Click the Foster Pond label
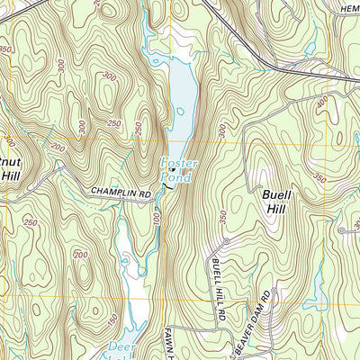[x=177, y=171]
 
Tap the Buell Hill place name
[x=278, y=199]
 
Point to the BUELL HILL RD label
[x=216, y=286]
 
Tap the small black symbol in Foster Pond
[x=173, y=168]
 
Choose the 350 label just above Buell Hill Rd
[x=222, y=217]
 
